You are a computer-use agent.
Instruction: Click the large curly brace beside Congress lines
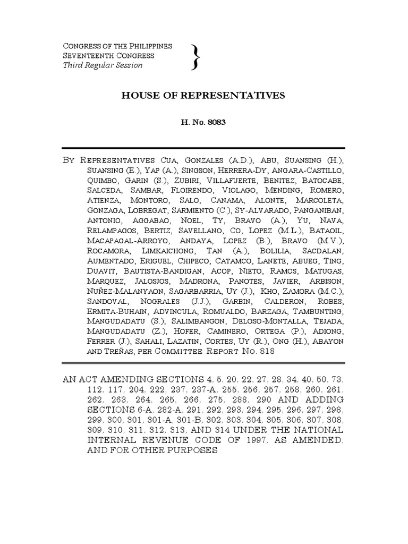[197, 56]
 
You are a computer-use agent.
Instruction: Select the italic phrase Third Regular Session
[103, 65]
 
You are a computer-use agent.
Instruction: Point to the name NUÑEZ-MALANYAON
[123, 291]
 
